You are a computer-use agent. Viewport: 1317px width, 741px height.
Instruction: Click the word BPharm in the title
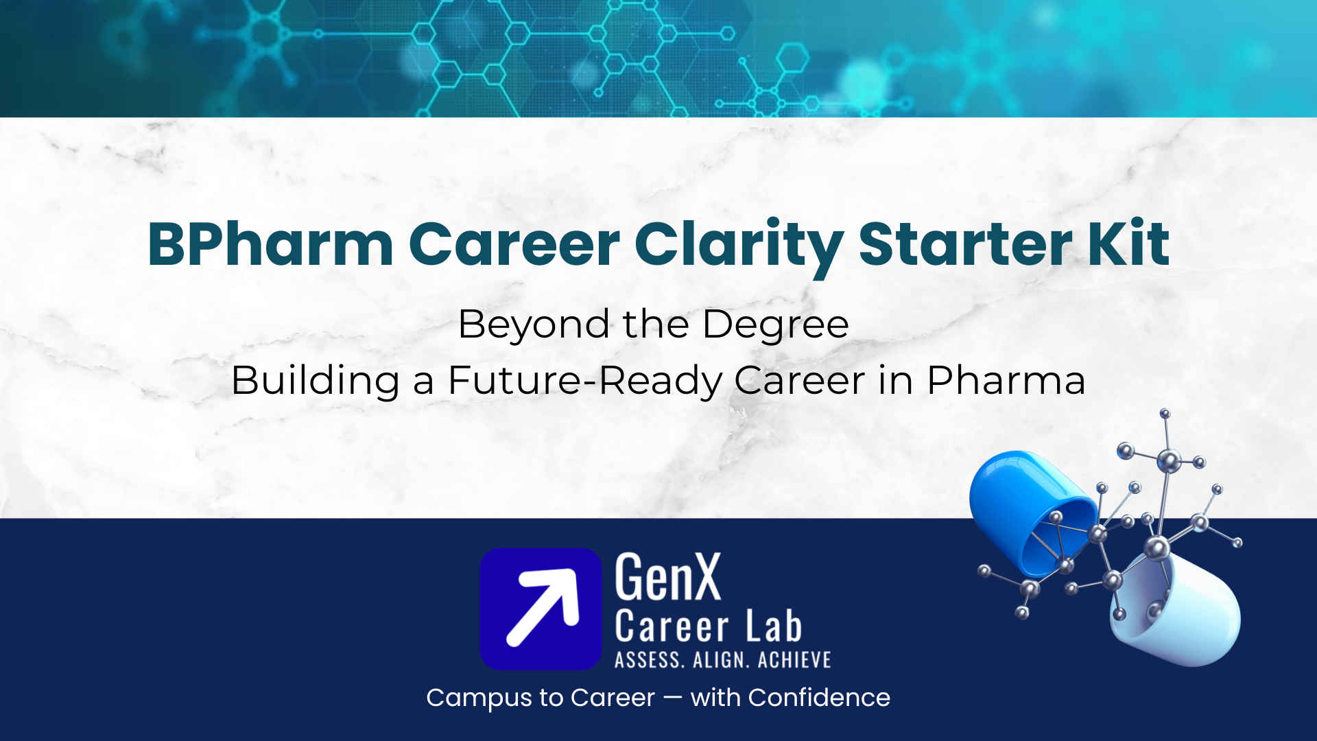pos(271,244)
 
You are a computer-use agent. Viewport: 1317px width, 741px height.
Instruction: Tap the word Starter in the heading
pos(966,244)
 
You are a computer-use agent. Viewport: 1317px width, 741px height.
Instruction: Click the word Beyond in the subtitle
pos(534,325)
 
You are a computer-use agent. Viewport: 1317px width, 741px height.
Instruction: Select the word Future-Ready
pos(584,381)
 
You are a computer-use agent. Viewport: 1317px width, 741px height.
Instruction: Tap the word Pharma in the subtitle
pos(1006,380)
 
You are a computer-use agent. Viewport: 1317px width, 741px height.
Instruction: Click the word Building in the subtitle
pos(316,381)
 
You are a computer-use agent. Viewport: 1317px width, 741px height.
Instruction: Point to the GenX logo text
pos(668,578)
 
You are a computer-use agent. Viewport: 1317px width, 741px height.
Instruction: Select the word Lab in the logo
pos(774,626)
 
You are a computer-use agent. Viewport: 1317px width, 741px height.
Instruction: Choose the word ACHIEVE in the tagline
pos(794,660)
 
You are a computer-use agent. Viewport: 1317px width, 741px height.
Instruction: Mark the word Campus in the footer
pos(479,698)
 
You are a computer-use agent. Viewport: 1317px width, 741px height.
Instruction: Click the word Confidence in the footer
pos(819,698)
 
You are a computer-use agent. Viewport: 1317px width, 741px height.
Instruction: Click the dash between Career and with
pos(673,698)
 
